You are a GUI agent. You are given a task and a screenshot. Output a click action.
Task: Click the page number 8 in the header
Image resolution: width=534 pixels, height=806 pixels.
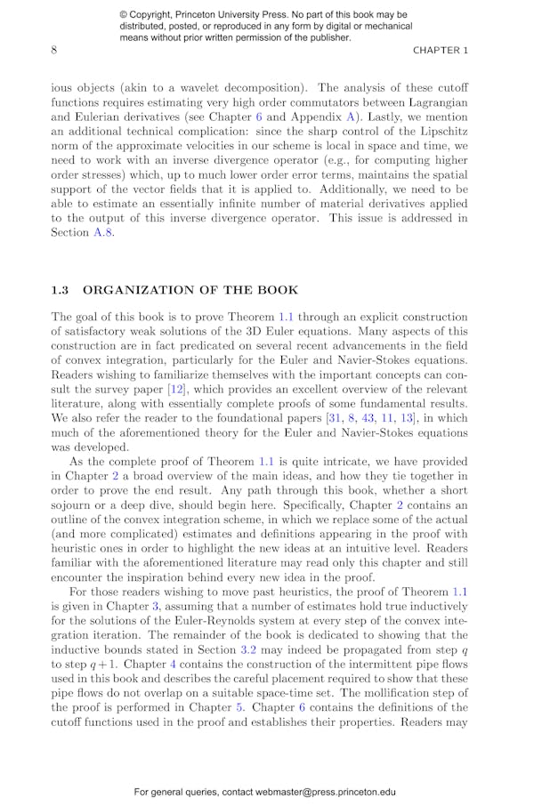54,51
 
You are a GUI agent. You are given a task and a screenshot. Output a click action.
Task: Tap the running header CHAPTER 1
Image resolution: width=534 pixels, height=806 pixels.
440,51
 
